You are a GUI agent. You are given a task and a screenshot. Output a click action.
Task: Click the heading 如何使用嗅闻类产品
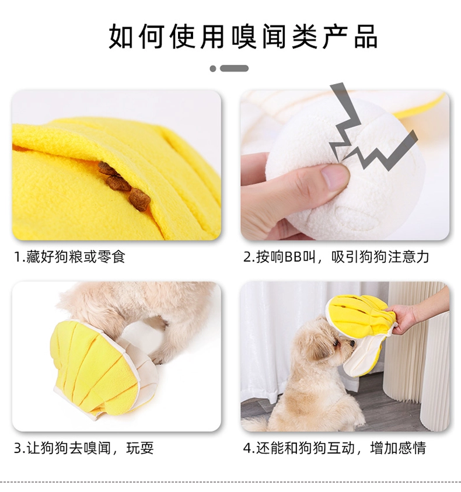(x=243, y=37)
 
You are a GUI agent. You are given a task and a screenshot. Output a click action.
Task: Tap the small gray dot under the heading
(x=213, y=68)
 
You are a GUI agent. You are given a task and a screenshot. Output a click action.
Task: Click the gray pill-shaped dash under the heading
(x=234, y=68)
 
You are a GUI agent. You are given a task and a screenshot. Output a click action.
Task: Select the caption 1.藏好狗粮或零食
(x=70, y=257)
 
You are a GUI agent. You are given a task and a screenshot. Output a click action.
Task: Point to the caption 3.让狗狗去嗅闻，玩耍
(x=84, y=448)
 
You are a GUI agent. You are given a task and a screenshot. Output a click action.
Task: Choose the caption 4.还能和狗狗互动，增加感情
(x=335, y=448)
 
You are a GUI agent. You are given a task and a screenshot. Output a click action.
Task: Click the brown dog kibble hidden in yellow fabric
(x=124, y=186)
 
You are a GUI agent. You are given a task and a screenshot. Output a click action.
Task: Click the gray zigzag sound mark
(x=364, y=132)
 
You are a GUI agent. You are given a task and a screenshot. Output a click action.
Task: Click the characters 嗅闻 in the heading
(x=259, y=37)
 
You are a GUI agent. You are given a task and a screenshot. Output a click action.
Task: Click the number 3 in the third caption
(x=18, y=448)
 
